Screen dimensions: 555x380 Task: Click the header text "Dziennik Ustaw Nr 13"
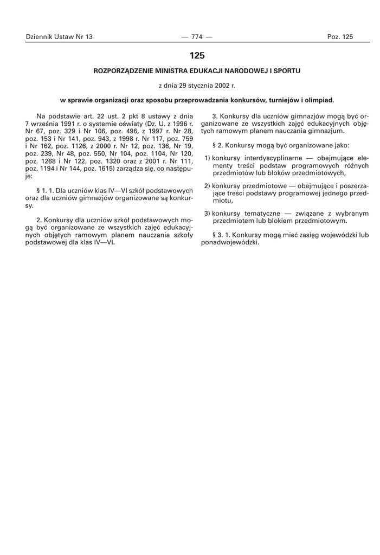point(59,37)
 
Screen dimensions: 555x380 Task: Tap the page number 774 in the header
point(197,37)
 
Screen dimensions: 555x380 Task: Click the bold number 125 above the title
point(197,55)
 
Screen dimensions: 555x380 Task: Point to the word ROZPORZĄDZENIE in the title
point(123,70)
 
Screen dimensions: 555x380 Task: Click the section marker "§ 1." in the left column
point(41,191)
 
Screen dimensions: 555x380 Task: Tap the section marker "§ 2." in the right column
point(220,146)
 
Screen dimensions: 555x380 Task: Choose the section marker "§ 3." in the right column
point(220,235)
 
